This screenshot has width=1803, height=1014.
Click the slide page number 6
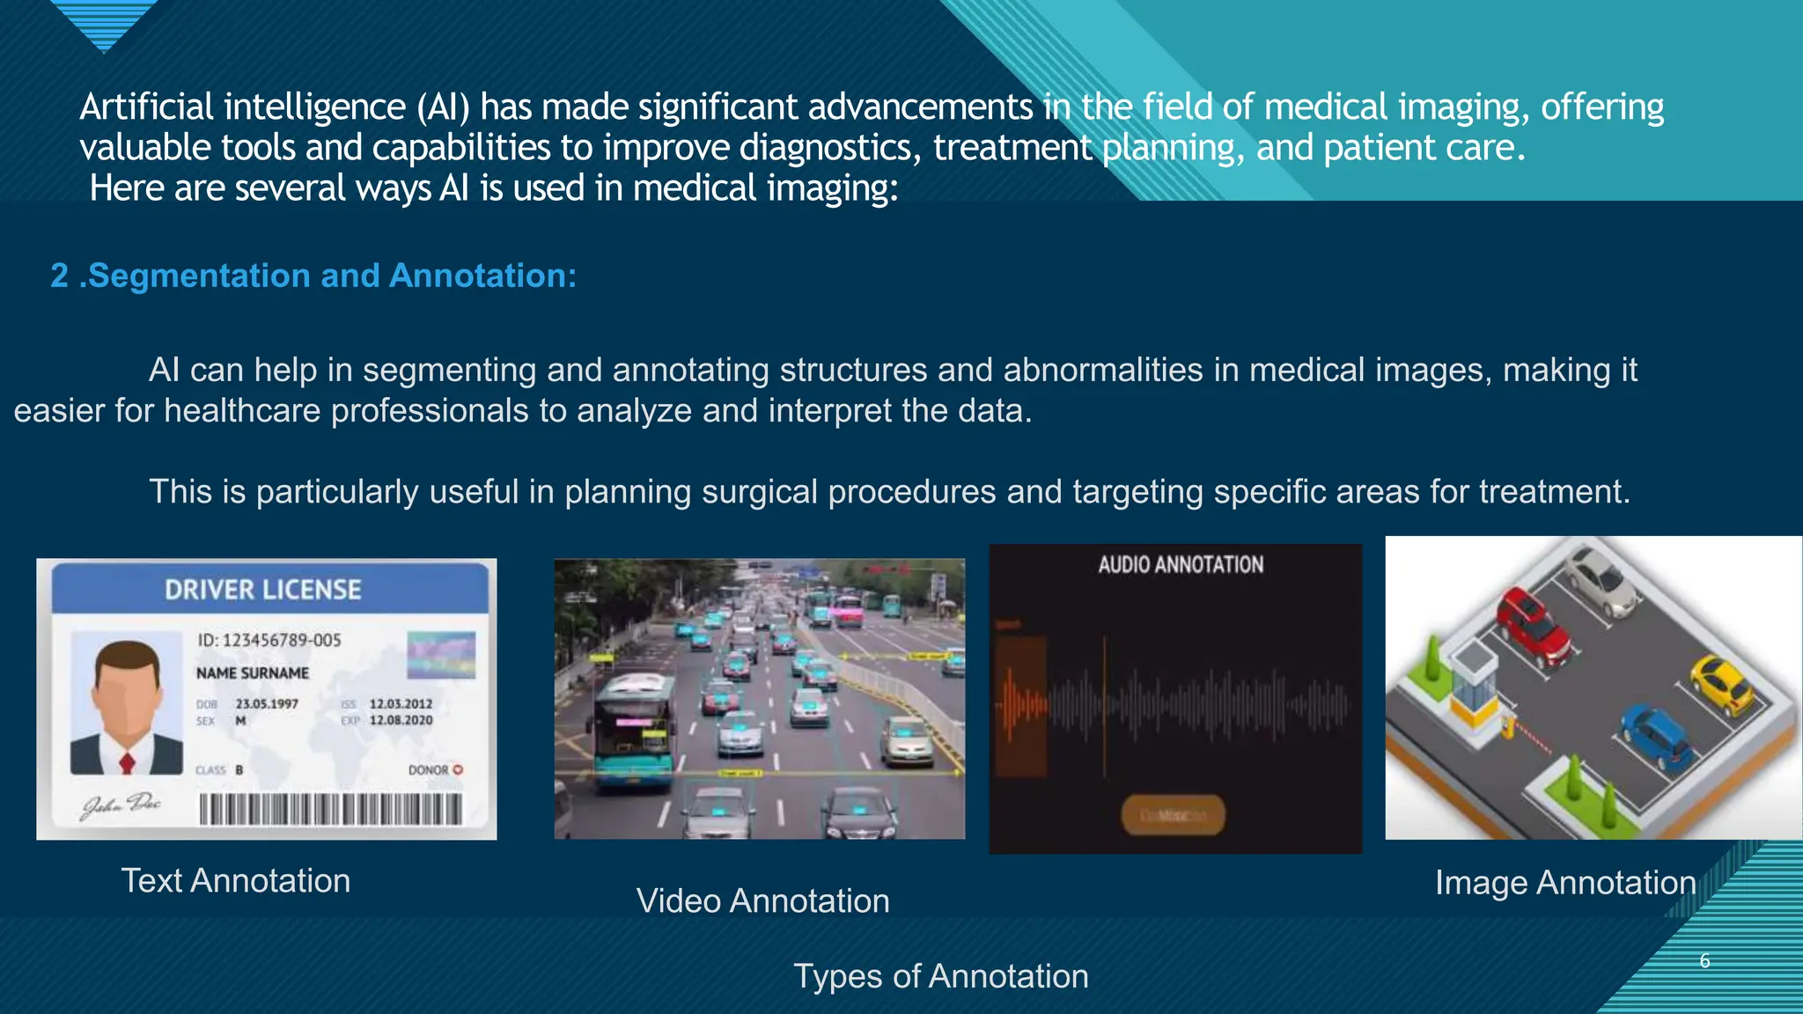pyautogui.click(x=1704, y=960)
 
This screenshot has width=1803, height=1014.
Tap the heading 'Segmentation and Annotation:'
pyautogui.click(x=332, y=276)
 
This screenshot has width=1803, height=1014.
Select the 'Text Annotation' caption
pyautogui.click(x=235, y=880)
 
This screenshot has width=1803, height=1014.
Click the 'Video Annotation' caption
pyautogui.click(x=762, y=900)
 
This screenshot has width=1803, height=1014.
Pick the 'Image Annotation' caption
pyautogui.click(x=1564, y=882)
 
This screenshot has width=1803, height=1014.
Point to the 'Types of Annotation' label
pyautogui.click(x=940, y=975)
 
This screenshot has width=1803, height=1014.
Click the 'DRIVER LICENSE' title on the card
pyautogui.click(x=262, y=590)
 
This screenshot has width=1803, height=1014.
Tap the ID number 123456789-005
pyautogui.click(x=281, y=640)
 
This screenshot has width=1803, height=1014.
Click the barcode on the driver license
pyautogui.click(x=330, y=808)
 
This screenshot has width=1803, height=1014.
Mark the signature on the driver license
pyautogui.click(x=121, y=805)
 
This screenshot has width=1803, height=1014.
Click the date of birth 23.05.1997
pyautogui.click(x=267, y=704)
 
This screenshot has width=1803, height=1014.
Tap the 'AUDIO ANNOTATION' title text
pyautogui.click(x=1180, y=565)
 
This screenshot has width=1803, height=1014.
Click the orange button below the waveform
pyautogui.click(x=1173, y=815)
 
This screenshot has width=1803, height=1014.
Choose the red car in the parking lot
pyautogui.click(x=1534, y=627)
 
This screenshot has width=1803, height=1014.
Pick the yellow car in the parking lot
pyautogui.click(x=1723, y=684)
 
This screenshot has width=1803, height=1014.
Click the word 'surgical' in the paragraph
pyautogui.click(x=759, y=491)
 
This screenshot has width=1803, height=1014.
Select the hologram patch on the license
pyautogui.click(x=441, y=655)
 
